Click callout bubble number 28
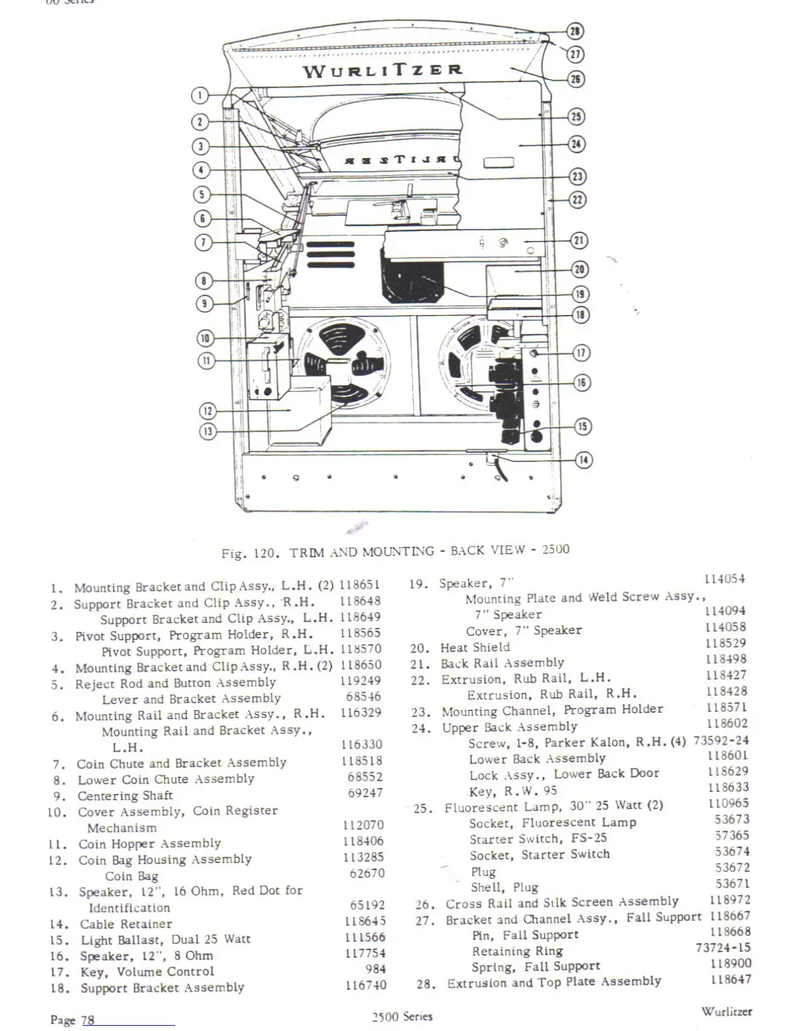576,31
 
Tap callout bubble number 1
199,95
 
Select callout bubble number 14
583,460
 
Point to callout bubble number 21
579,240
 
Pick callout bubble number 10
205,338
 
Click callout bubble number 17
581,353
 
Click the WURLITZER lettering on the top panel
383,70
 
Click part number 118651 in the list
359,585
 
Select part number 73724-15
723,948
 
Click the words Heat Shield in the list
475,648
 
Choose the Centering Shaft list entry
125,796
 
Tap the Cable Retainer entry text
126,924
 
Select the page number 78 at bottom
87,1020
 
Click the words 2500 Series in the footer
402,1017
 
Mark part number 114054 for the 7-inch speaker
725,579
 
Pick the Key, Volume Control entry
147,972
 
